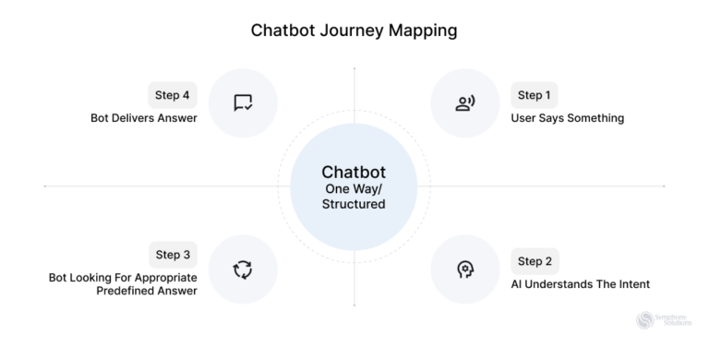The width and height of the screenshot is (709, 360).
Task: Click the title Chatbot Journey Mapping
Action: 354,30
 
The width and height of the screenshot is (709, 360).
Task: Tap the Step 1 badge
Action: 534,95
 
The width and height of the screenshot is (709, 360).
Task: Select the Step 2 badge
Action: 534,261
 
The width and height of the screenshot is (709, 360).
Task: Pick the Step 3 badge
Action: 173,255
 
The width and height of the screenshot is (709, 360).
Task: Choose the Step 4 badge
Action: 173,95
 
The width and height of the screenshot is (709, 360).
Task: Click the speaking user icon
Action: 465,103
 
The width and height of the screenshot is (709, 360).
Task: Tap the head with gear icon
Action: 465,270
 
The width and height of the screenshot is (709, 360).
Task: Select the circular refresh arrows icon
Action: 243,270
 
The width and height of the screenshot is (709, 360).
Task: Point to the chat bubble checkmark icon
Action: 243,103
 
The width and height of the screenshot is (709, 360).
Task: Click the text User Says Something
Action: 567,118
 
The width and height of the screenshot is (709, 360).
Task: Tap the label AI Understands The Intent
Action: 580,284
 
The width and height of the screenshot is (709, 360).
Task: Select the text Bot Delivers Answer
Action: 143,118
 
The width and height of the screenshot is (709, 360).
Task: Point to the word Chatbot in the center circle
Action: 354,172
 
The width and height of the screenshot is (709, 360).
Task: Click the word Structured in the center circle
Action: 354,204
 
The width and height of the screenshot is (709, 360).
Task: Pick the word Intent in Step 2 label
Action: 631,284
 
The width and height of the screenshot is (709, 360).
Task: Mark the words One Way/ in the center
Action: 354,189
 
